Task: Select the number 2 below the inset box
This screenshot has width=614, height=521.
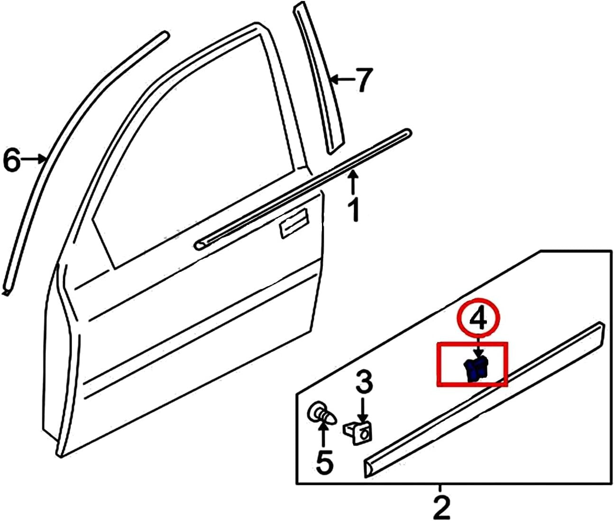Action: [x=441, y=507]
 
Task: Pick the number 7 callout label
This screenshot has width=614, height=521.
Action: [x=364, y=80]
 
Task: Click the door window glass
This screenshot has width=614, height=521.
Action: [x=190, y=142]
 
